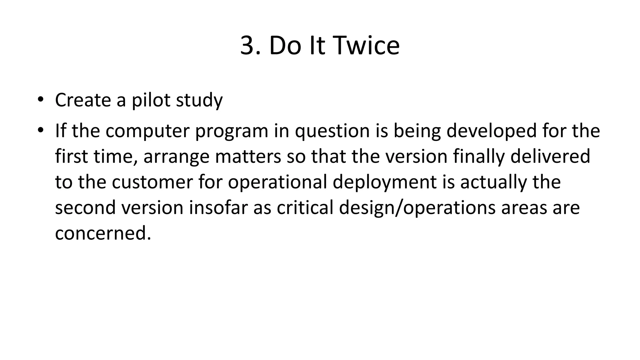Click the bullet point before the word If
[40, 130]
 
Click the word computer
[147, 131]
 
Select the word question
[332, 131]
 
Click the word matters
[248, 156]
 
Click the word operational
[277, 182]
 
